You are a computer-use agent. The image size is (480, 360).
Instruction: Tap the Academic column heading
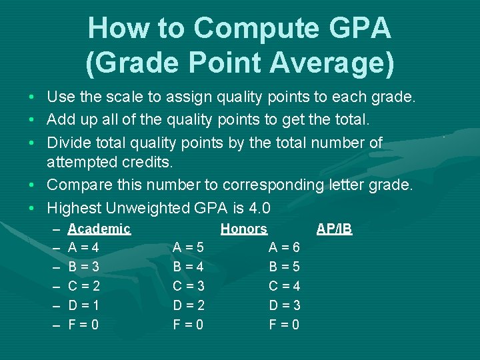[x=99, y=229]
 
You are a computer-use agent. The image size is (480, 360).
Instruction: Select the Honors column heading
[x=244, y=229]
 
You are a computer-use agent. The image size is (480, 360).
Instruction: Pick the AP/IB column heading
[x=334, y=229]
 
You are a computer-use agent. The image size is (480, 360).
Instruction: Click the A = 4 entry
[x=84, y=248]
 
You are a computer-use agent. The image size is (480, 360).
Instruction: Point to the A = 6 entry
[x=284, y=248]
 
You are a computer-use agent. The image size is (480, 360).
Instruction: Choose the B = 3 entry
[x=84, y=267]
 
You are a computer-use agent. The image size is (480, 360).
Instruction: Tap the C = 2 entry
[x=84, y=287]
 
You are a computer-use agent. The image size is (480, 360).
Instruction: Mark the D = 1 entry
[x=84, y=306]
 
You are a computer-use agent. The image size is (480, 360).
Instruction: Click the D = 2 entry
[x=189, y=306]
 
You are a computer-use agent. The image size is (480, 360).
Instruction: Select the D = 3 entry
[x=284, y=306]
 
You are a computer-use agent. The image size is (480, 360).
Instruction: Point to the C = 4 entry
[x=284, y=287]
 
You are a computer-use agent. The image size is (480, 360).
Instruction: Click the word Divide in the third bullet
[x=68, y=143]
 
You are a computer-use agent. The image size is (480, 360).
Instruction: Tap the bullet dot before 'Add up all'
[x=33, y=121]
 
